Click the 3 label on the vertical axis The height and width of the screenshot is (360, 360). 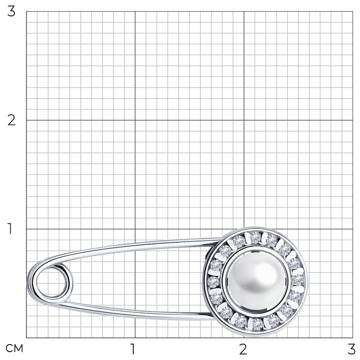coord(11,11)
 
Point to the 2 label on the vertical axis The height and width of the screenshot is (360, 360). coord(11,120)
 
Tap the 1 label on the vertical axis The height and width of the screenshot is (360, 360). coord(10,228)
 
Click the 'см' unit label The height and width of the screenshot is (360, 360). coord(14,348)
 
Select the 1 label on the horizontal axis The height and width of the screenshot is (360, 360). coord(132,349)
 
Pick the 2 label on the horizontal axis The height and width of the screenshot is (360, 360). coord(243,349)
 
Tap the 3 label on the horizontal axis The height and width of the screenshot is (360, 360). coord(352,349)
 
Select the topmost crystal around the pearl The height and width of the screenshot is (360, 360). coord(255,237)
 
